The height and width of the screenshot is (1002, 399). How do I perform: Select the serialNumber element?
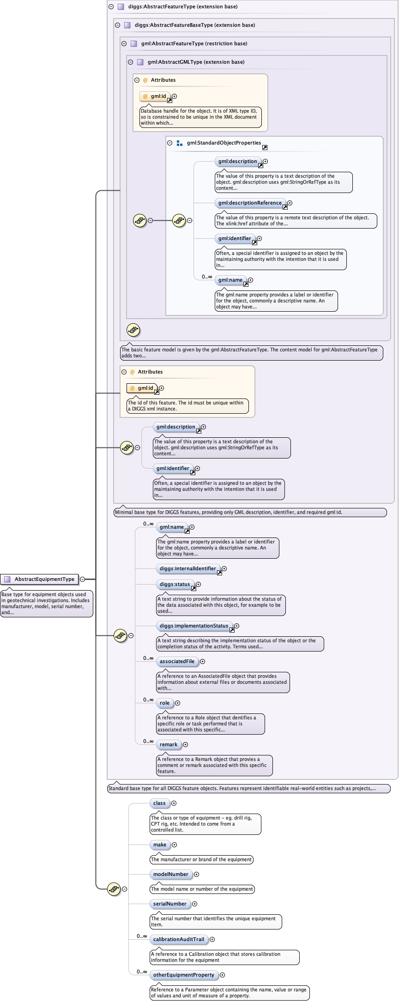point(169,904)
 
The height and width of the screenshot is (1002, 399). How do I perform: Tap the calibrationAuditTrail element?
point(178,939)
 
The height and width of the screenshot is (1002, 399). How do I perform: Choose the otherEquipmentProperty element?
point(183,975)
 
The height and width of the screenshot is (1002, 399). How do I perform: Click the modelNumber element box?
point(170,874)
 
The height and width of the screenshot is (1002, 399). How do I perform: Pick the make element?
point(159,845)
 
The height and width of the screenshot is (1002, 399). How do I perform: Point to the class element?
point(159,803)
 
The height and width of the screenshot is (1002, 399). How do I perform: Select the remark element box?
point(168,744)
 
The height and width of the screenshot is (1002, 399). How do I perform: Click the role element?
point(164,703)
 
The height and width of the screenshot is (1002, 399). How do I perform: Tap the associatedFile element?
point(177,661)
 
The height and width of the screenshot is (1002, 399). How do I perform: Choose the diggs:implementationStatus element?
point(193,626)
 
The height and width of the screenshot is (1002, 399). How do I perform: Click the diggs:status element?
point(175,584)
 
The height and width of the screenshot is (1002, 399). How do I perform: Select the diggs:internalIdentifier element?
point(187,568)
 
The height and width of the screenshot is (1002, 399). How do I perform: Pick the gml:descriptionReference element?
point(249,203)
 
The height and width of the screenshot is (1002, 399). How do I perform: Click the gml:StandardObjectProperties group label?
point(224,143)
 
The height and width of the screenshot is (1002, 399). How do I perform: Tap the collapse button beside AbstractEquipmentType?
point(82,579)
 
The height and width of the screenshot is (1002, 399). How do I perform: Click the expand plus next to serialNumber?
point(194,904)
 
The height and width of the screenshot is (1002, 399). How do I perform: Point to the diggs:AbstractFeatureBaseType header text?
point(194,25)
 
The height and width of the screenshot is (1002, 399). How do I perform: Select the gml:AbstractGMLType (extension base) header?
point(196,62)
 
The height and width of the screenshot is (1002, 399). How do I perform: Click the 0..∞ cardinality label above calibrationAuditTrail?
point(142,936)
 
